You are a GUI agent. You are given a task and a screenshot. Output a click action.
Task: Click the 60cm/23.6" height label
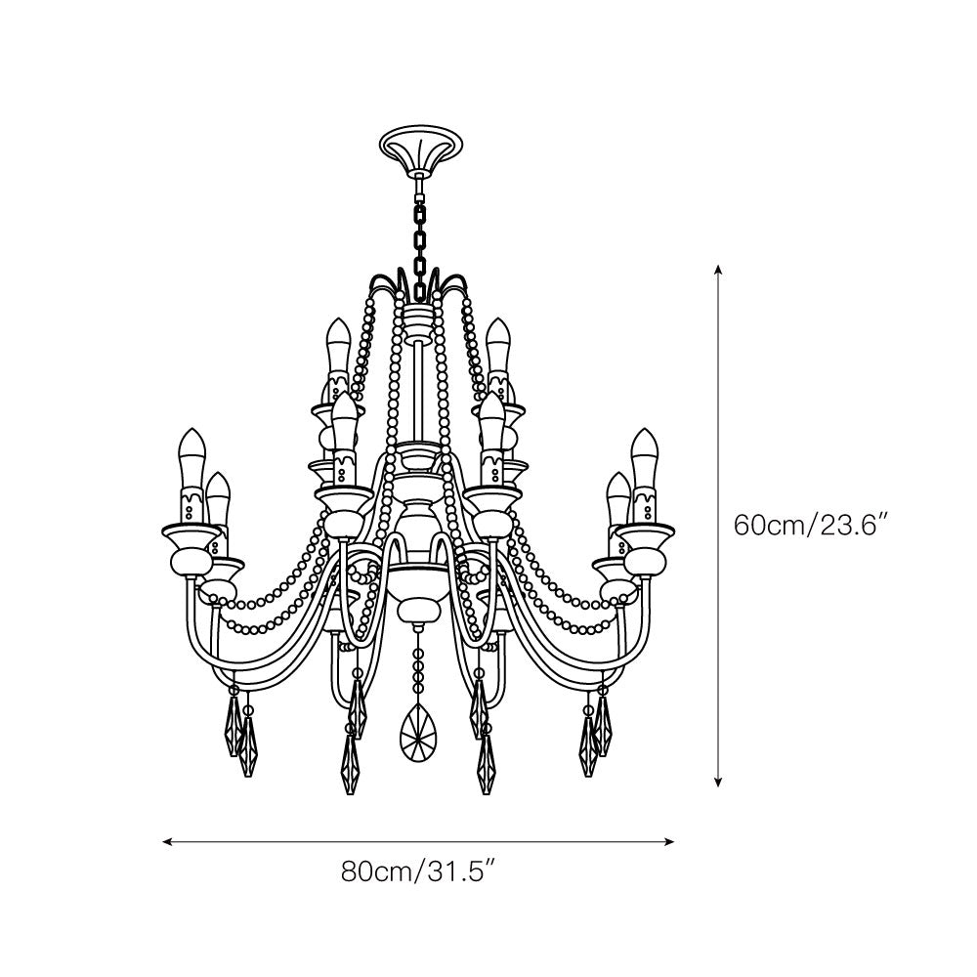(x=810, y=525)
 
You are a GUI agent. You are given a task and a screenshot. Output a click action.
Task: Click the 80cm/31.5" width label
(x=420, y=871)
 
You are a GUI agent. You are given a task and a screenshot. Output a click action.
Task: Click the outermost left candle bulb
(x=191, y=454)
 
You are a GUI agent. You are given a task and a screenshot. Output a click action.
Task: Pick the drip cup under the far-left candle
(x=191, y=534)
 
